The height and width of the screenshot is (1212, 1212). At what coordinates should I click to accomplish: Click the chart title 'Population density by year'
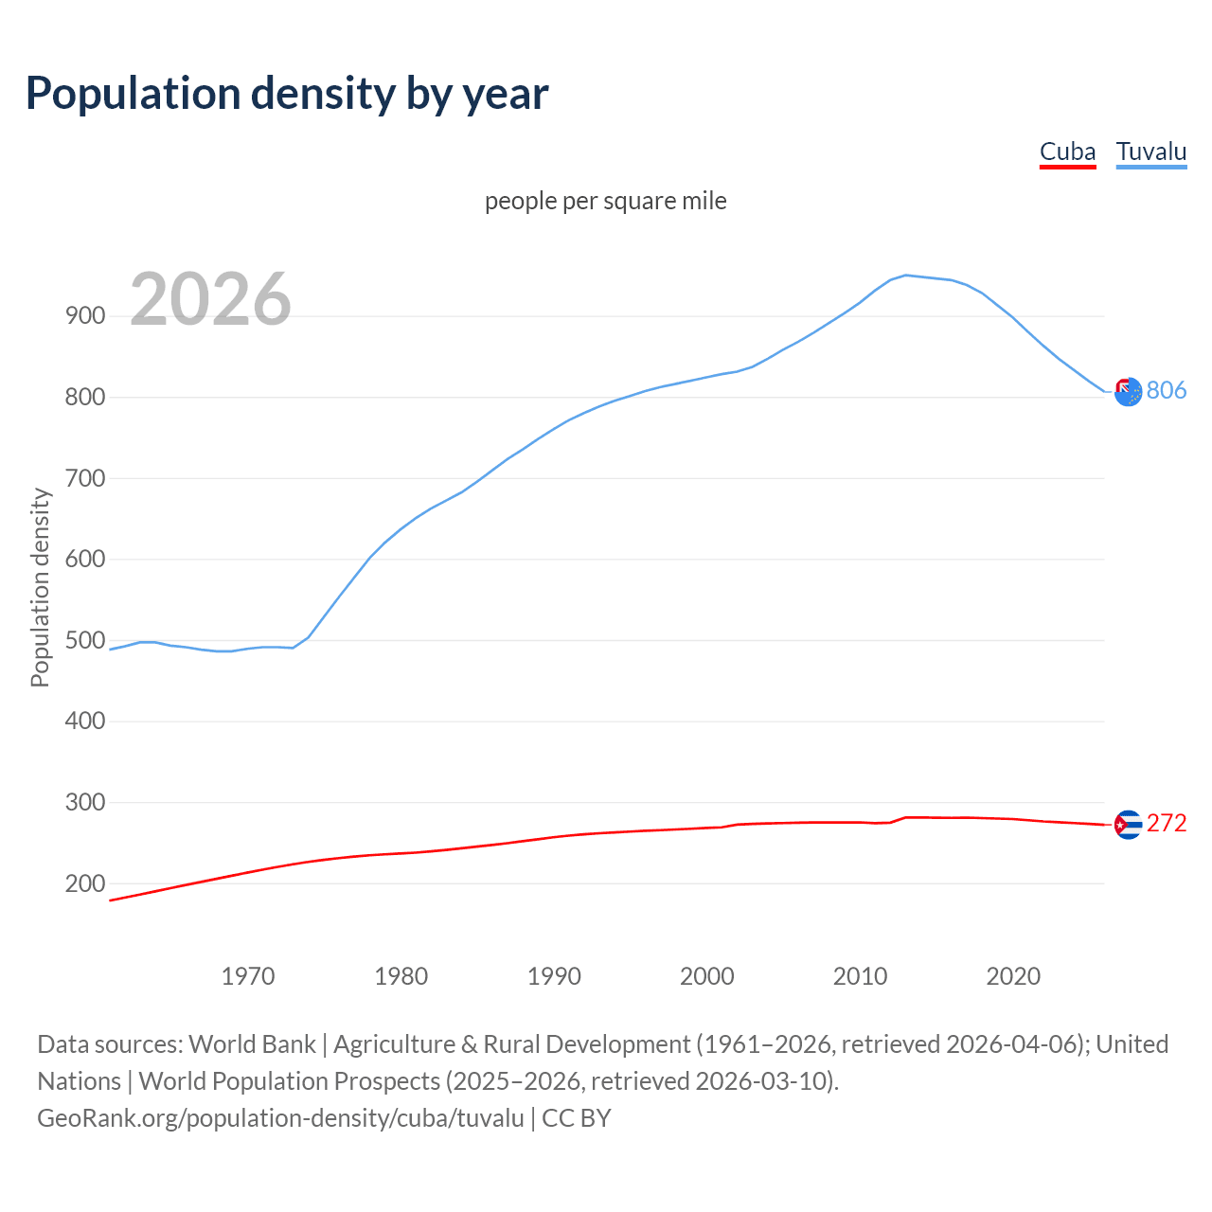click(287, 93)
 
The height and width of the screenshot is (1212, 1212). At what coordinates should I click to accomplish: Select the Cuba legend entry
click(1067, 151)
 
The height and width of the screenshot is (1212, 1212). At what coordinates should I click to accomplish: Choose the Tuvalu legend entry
click(1150, 151)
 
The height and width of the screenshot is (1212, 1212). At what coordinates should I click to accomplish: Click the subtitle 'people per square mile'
click(605, 201)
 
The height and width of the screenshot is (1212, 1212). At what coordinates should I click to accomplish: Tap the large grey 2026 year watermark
click(210, 299)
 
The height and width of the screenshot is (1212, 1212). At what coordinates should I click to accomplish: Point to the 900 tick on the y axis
click(85, 316)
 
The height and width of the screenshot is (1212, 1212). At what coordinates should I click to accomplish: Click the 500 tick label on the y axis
click(85, 640)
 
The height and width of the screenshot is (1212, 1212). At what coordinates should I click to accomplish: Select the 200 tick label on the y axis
click(85, 883)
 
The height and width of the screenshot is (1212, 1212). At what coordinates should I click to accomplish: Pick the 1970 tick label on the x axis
click(248, 975)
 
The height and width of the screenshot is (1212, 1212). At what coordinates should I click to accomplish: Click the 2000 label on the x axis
click(707, 975)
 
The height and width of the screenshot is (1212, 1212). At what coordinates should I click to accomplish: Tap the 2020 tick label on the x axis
click(1013, 975)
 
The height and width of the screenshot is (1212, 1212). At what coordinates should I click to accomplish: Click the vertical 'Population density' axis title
click(40, 587)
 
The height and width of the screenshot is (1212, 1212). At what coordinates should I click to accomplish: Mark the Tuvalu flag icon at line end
click(1128, 391)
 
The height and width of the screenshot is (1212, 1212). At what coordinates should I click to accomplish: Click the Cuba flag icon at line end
click(1128, 825)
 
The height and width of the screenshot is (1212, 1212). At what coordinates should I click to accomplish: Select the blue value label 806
click(1167, 390)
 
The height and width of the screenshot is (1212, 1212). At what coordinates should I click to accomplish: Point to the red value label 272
click(1167, 824)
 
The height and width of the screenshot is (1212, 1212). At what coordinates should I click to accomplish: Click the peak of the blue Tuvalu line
click(906, 276)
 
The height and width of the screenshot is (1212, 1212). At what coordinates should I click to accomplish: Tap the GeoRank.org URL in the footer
click(280, 1117)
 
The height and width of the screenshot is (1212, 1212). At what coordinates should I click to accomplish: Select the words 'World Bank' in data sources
click(252, 1044)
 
